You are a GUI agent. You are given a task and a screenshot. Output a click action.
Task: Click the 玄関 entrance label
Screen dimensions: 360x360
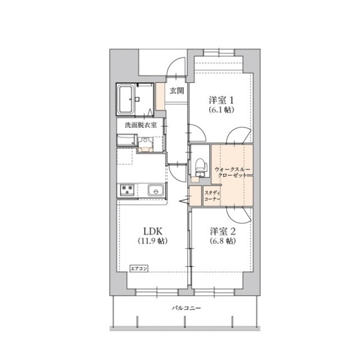click(x=177, y=91)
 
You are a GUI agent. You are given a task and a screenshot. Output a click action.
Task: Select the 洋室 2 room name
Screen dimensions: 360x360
click(x=223, y=231)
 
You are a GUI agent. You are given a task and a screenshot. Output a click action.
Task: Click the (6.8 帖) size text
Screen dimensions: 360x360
click(x=223, y=241)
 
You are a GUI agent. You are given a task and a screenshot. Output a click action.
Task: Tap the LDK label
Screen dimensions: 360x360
click(x=152, y=231)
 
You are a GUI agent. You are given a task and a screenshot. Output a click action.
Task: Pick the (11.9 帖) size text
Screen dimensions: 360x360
click(x=152, y=241)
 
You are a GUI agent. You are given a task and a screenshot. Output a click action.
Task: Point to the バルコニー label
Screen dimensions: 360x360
click(x=186, y=308)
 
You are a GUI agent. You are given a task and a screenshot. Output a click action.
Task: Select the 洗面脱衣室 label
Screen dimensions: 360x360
click(x=141, y=125)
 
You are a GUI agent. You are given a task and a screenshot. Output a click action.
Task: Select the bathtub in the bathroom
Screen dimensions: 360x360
click(x=125, y=99)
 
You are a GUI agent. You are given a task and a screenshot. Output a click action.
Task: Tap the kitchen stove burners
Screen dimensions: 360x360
click(x=126, y=191)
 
